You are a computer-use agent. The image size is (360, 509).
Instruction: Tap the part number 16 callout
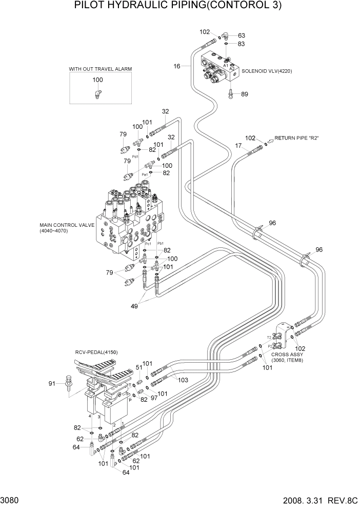[x=177, y=66]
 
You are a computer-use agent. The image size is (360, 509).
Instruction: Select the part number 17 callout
[x=238, y=146]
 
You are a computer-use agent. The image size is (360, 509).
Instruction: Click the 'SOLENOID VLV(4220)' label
[x=267, y=71]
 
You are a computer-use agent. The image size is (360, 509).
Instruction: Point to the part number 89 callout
[x=244, y=94]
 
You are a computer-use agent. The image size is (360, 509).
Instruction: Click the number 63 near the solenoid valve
[x=241, y=35]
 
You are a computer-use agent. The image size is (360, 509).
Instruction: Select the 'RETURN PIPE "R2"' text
[x=297, y=139]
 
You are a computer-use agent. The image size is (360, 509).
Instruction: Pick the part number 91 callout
[x=51, y=383]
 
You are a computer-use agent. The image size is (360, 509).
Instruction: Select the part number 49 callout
[x=134, y=306]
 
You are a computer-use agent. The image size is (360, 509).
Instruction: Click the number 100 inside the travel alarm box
[x=97, y=80]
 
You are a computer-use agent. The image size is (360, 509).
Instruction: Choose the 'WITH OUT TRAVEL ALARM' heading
[x=97, y=68]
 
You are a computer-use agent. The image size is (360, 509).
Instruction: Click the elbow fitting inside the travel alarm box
[x=97, y=93]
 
